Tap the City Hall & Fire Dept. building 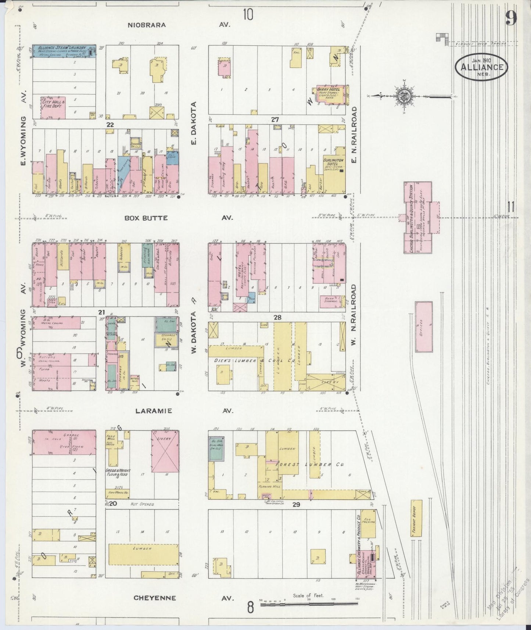click(53, 107)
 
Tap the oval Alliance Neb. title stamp click(482, 67)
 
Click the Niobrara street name click(147, 25)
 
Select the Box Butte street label click(146, 218)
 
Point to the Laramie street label click(154, 411)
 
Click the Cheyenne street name click(154, 598)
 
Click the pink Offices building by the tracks click(424, 327)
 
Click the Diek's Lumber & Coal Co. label click(255, 361)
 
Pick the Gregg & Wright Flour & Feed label click(118, 473)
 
